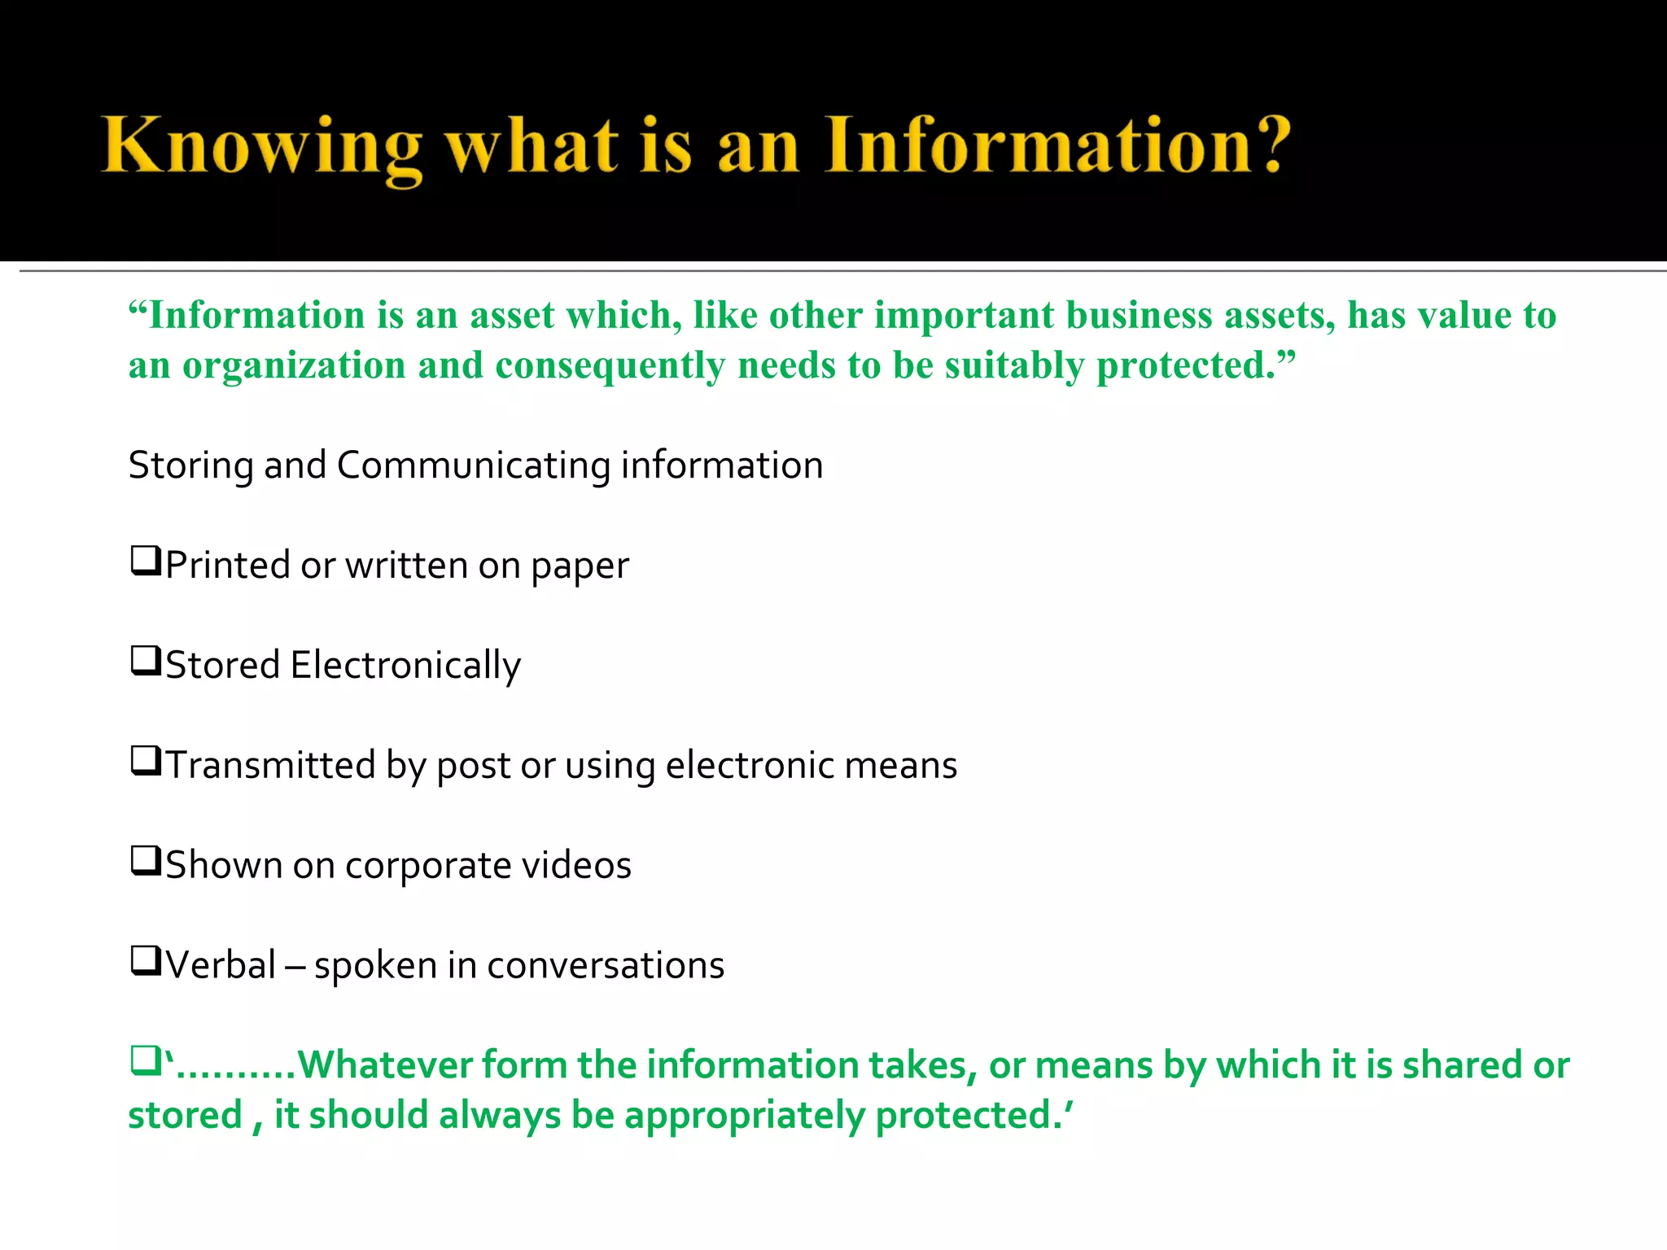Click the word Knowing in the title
(x=261, y=146)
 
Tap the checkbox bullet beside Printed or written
(x=145, y=562)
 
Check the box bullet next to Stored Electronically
(x=145, y=662)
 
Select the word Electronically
(x=405, y=666)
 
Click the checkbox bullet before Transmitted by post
(x=145, y=762)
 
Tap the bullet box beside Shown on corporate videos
(x=145, y=861)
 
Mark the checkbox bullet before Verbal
(x=145, y=961)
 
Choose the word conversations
(x=605, y=966)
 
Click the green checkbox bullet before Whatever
(x=145, y=1061)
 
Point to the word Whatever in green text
(x=386, y=1065)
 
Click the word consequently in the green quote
(x=610, y=366)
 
